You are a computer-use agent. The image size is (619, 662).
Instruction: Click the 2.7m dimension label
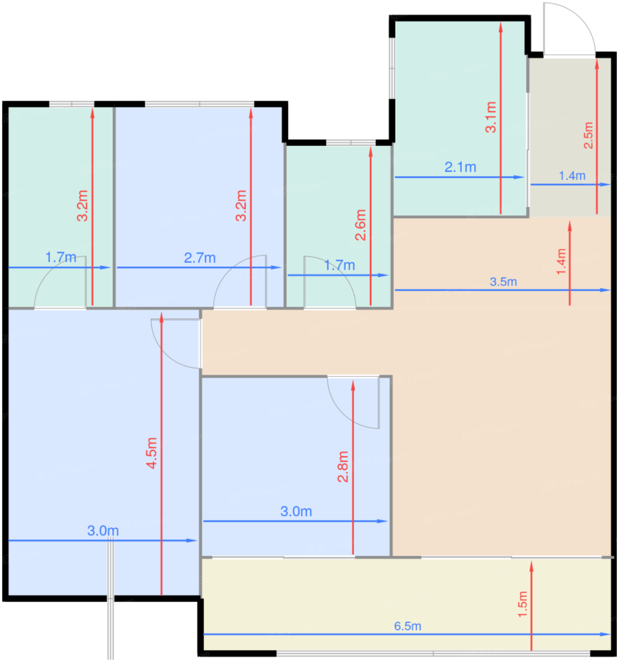(x=199, y=258)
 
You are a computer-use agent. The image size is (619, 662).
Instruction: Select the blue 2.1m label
(x=460, y=167)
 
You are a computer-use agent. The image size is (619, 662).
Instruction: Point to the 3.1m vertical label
(x=490, y=117)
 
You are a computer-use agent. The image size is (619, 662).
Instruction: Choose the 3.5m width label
(x=503, y=282)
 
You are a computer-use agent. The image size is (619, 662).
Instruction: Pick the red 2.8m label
(x=343, y=467)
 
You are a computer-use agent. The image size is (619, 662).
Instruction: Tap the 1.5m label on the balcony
(x=523, y=604)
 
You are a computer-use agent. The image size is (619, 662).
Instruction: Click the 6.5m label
(x=407, y=626)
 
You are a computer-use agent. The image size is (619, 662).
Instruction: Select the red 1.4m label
(x=561, y=261)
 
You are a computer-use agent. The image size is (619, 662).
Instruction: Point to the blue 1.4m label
(x=572, y=176)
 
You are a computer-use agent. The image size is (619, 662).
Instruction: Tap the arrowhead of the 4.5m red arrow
(x=162, y=317)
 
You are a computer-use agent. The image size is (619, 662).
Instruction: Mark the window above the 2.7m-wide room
(x=199, y=104)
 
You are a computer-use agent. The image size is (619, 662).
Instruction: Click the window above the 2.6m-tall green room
(x=351, y=143)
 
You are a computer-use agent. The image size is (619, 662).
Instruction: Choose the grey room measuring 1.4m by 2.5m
(x=570, y=137)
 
